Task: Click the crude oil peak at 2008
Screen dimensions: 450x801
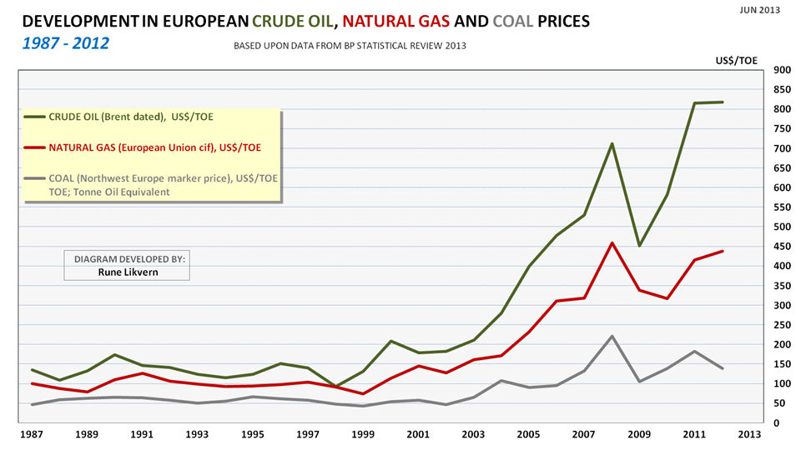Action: click(x=612, y=143)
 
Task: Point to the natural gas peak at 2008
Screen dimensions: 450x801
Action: click(x=612, y=243)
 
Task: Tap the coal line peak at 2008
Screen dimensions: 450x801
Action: click(x=612, y=337)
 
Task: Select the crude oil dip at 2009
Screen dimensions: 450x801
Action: click(x=638, y=246)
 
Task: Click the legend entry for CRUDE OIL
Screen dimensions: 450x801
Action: click(x=118, y=117)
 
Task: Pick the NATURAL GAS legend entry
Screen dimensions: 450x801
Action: click(x=142, y=147)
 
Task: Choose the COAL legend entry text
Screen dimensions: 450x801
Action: click(x=151, y=178)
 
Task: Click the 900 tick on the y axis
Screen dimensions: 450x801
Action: click(x=783, y=70)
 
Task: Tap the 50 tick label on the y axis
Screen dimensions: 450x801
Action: click(x=781, y=403)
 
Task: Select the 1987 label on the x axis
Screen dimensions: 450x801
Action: click(x=32, y=435)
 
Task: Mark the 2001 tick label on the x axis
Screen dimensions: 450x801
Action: click(x=418, y=435)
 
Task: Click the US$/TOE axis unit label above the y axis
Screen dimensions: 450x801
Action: click(x=737, y=61)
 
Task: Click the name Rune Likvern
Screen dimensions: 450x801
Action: click(x=127, y=272)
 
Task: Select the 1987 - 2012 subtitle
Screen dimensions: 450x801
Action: click(x=65, y=42)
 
